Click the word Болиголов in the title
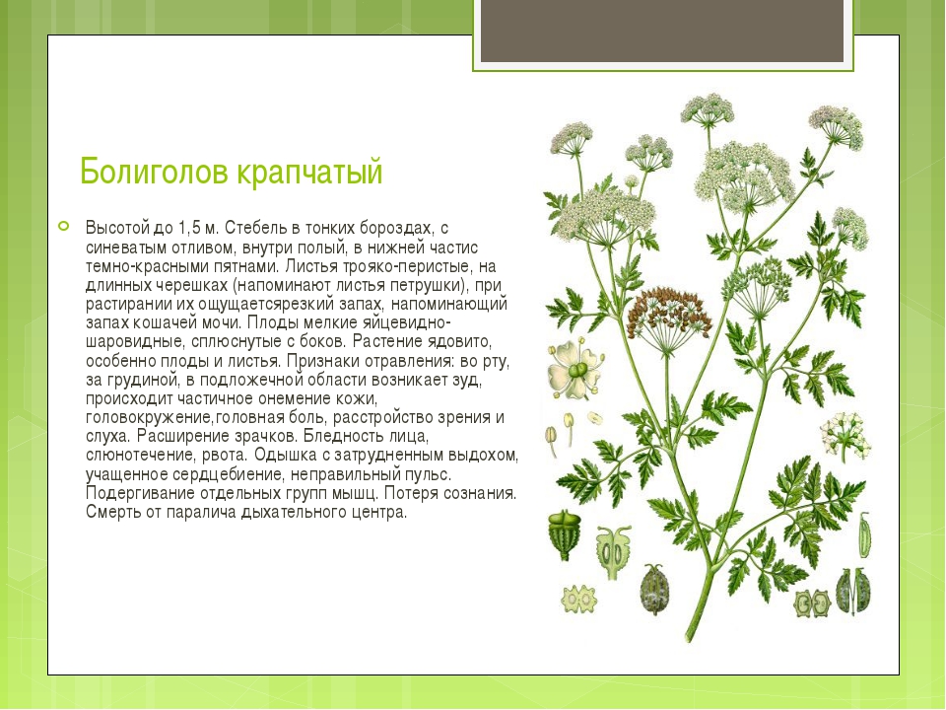pyautogui.click(x=154, y=171)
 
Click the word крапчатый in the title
pyautogui.click(x=309, y=173)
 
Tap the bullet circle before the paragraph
pyautogui.click(x=64, y=227)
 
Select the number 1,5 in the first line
pyautogui.click(x=188, y=228)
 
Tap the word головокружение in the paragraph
pyautogui.click(x=149, y=417)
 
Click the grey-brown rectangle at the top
pyautogui.click(x=662, y=31)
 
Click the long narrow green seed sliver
pyautogui.click(x=865, y=534)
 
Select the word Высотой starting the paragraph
pyautogui.click(x=117, y=228)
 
